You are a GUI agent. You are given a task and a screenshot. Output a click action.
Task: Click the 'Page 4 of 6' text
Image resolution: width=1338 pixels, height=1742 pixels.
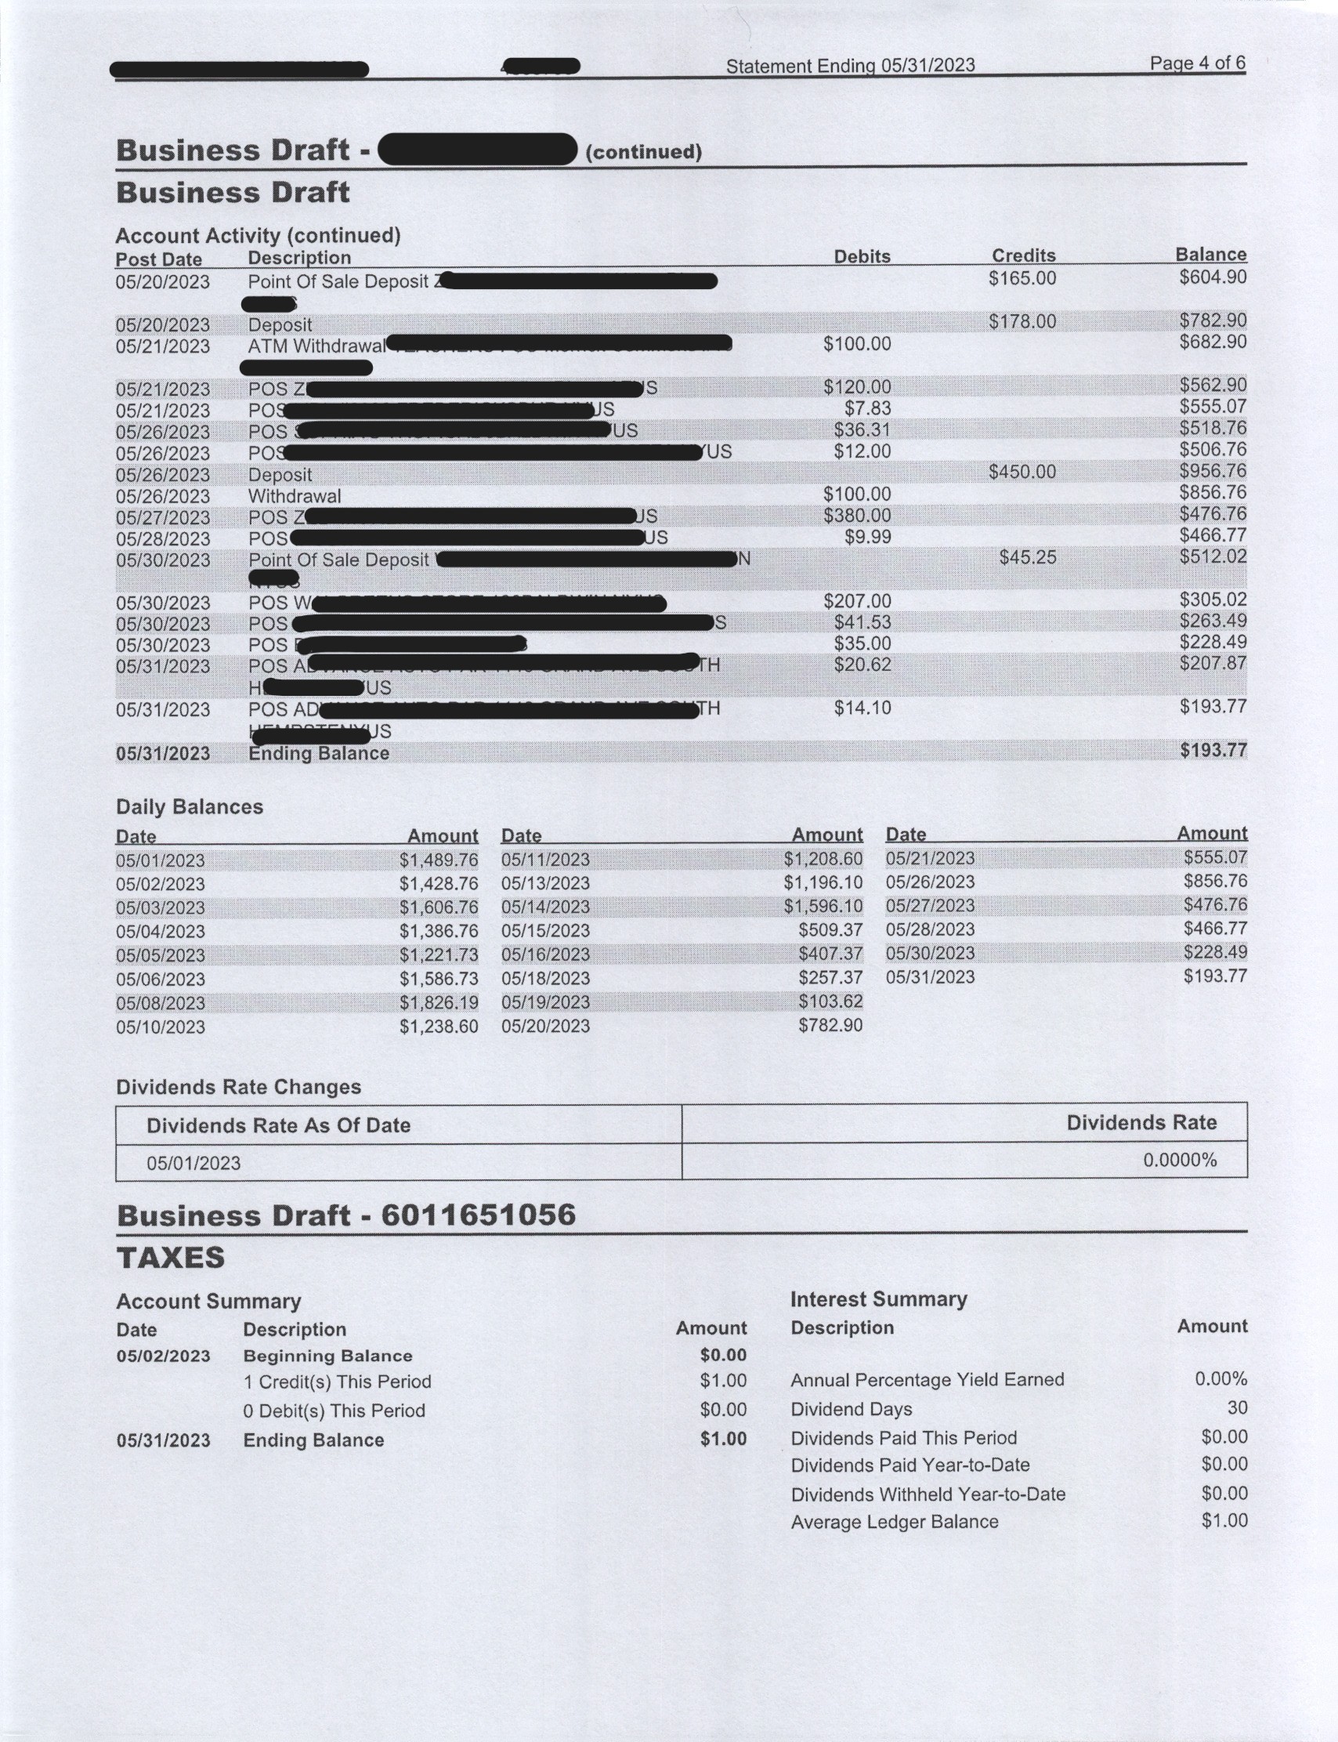(x=1197, y=63)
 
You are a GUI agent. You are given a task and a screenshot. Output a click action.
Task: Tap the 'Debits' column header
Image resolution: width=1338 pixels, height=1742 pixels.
(x=862, y=256)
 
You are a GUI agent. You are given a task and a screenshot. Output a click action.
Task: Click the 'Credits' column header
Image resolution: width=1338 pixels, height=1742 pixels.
(x=1023, y=255)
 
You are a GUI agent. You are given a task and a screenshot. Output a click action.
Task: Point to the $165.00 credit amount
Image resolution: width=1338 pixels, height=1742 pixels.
(x=1022, y=279)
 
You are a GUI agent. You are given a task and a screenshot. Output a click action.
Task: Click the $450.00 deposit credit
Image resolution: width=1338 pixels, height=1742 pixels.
(x=1022, y=472)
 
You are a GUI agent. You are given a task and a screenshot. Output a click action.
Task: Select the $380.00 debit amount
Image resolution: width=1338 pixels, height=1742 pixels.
(x=857, y=516)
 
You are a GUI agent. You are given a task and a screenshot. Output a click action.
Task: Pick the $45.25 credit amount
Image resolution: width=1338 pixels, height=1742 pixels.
(x=1028, y=558)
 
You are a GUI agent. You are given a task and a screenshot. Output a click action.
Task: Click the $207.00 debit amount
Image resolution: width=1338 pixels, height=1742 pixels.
(x=857, y=601)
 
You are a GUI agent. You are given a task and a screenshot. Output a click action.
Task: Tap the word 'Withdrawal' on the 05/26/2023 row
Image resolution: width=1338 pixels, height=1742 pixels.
(x=294, y=496)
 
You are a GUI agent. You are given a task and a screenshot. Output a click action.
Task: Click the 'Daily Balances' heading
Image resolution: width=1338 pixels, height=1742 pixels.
(x=190, y=807)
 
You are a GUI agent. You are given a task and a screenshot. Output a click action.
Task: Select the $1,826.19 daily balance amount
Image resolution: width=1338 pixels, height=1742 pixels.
(x=438, y=1003)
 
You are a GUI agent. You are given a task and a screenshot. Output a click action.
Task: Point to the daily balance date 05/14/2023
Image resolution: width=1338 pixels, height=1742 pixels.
(x=545, y=907)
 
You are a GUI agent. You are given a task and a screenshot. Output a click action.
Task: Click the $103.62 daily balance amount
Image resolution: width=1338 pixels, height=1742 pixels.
(x=830, y=1001)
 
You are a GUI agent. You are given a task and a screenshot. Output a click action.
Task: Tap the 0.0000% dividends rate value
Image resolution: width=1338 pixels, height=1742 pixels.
(x=1180, y=1160)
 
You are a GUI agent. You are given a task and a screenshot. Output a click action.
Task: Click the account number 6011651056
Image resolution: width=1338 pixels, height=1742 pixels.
(x=478, y=1215)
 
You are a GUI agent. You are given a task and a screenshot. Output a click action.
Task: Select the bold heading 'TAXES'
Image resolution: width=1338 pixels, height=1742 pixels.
(x=171, y=1258)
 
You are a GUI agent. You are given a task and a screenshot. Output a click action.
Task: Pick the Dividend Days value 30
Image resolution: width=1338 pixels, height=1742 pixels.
(x=1236, y=1408)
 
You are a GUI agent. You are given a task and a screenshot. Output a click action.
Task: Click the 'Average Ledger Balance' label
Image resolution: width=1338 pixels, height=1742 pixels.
(x=894, y=1522)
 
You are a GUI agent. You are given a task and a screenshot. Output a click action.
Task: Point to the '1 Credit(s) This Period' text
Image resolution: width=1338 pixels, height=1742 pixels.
(x=337, y=1382)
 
